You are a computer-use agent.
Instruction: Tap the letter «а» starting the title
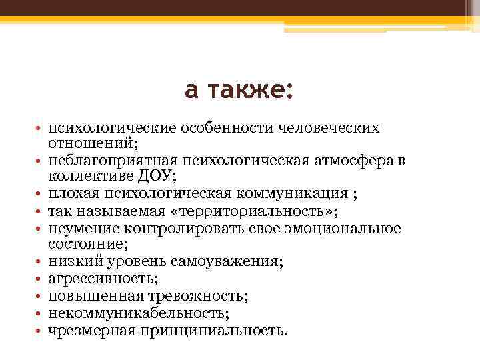[191, 91]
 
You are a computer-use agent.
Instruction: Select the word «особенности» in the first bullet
[208, 127]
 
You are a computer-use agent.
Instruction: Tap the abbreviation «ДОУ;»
[158, 177]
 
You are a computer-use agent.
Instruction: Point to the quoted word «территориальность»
[253, 211]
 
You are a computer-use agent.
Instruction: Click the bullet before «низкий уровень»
[39, 262]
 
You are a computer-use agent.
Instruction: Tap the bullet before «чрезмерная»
[39, 331]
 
